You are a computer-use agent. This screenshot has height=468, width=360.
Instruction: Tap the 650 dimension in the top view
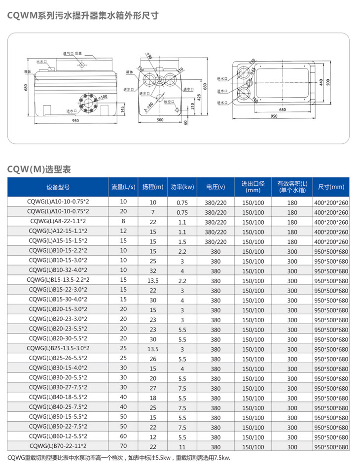point(282,109)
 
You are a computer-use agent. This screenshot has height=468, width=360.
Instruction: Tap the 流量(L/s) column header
point(123,187)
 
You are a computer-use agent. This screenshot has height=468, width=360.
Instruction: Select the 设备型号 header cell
point(58,187)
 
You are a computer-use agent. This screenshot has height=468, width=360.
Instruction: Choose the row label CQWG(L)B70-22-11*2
point(58,446)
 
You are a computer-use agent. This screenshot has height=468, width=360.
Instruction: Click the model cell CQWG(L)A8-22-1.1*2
point(58,222)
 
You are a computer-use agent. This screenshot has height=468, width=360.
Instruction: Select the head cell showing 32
point(152,270)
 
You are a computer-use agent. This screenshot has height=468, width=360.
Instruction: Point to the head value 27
point(152,388)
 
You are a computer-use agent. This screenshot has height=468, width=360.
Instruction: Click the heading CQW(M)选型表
point(39,169)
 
